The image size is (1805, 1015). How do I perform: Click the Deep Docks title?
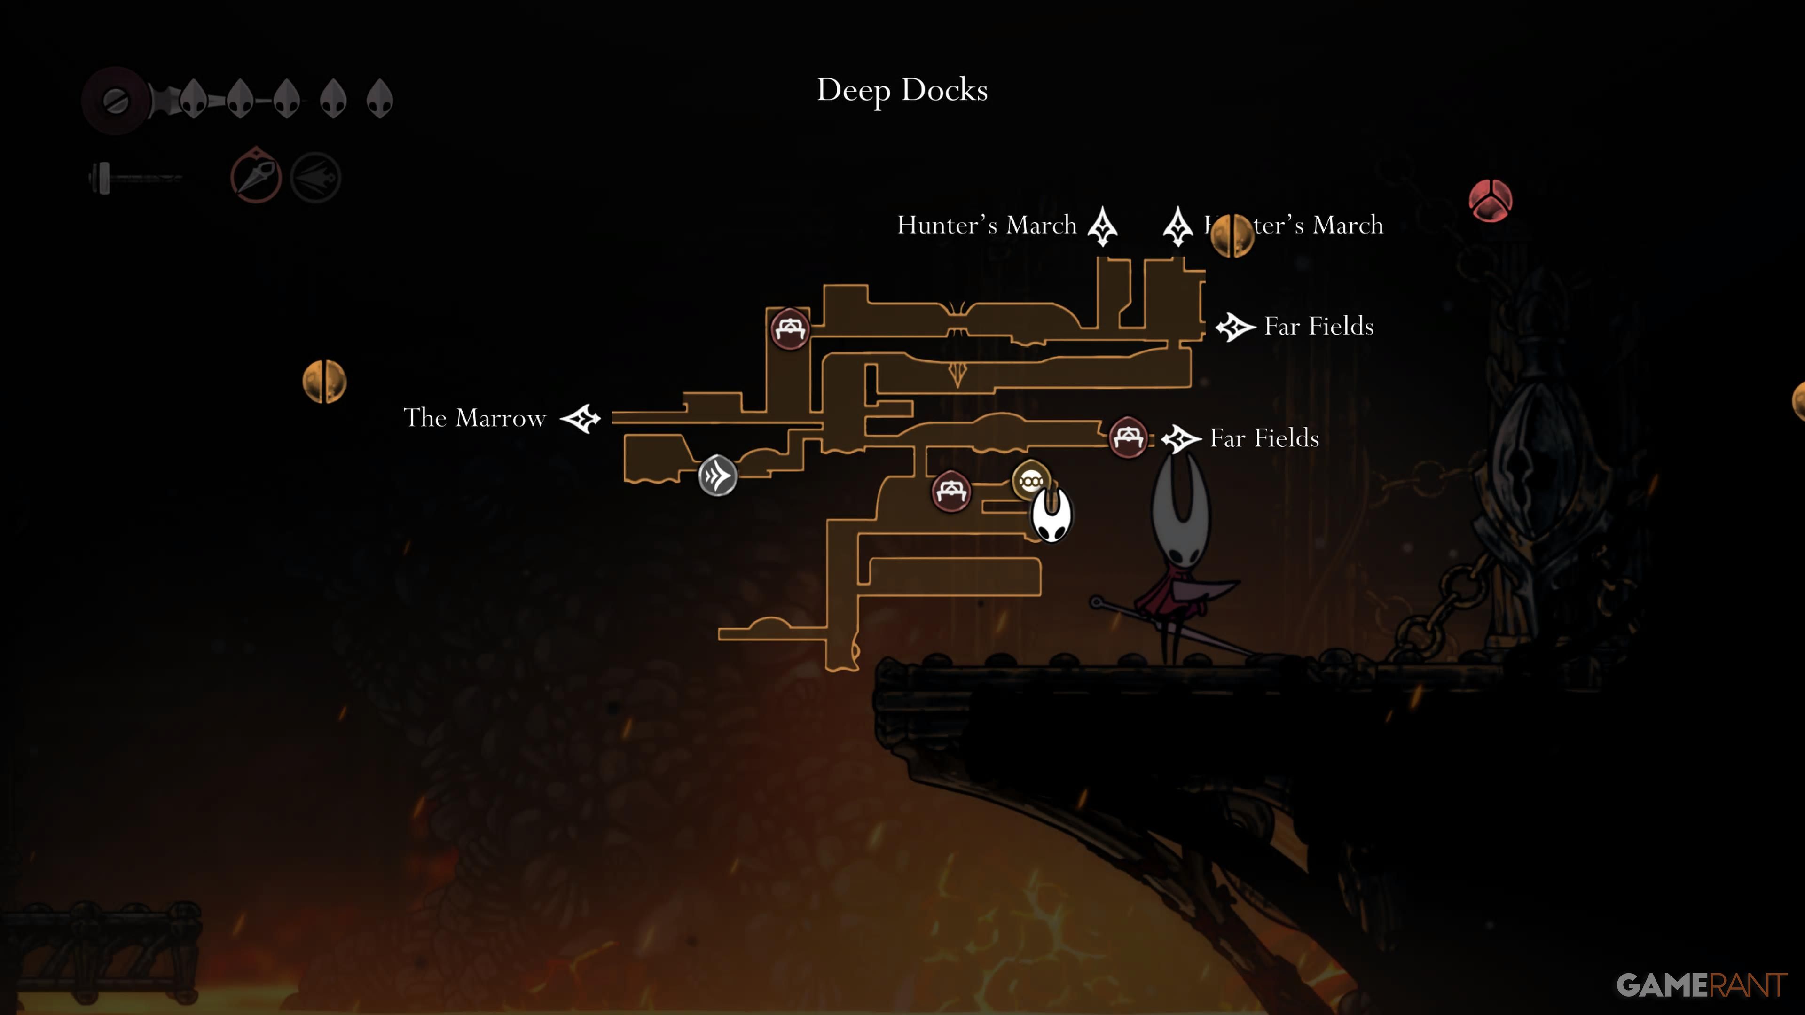902,90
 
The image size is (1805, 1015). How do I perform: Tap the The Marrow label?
474,418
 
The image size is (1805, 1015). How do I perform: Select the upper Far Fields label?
1318,327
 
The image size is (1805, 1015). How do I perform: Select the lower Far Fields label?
1264,438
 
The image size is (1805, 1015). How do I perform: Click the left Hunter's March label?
987,226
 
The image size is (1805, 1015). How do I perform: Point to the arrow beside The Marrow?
581,419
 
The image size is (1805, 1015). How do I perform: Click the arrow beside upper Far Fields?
1235,327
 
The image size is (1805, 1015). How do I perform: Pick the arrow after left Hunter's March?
1102,226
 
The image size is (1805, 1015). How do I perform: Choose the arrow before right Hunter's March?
1178,226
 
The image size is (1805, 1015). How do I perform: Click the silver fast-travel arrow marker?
717,476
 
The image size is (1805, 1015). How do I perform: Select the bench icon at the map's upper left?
790,328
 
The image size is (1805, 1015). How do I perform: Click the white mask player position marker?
1051,515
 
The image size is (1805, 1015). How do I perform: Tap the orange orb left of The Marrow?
324,382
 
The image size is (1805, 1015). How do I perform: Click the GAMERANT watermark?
1701,985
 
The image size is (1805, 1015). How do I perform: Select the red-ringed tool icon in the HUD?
256,177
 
